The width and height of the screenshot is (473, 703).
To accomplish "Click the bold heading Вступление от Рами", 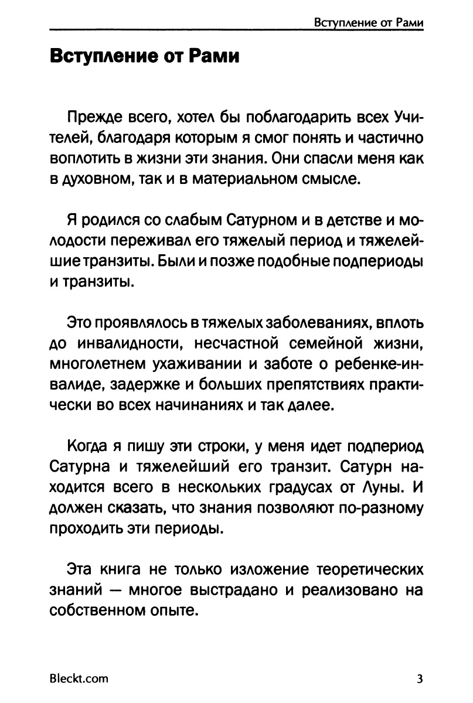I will (x=145, y=58).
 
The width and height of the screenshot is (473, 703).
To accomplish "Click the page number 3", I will (x=420, y=679).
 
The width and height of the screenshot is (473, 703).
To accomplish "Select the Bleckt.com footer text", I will (x=79, y=679).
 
